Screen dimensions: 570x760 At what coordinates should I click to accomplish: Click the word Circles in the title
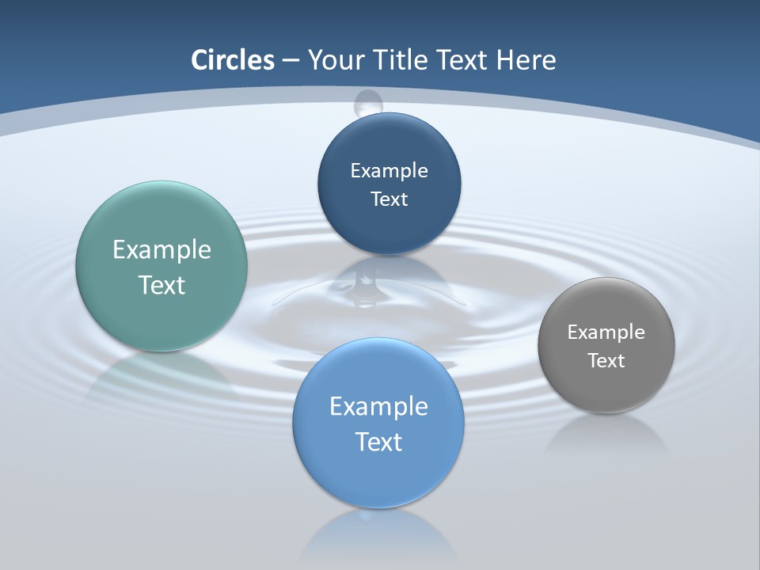click(233, 60)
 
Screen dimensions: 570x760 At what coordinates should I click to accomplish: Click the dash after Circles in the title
click(291, 61)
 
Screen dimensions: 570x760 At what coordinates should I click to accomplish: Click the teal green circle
click(161, 317)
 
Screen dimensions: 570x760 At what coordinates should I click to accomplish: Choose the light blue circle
click(378, 475)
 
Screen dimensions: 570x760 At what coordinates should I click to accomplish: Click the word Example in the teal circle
click(161, 250)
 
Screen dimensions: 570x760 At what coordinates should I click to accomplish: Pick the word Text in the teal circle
click(161, 285)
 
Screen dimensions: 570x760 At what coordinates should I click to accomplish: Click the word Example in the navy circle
click(389, 171)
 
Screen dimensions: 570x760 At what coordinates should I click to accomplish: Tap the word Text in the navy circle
click(389, 199)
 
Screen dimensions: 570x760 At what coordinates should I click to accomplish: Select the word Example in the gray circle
click(606, 332)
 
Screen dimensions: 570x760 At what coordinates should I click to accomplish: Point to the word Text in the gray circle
click(606, 361)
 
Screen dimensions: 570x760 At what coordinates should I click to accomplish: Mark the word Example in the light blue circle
click(378, 407)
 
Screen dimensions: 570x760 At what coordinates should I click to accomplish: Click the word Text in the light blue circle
click(378, 442)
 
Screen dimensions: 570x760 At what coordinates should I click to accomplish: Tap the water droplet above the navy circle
click(368, 102)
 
